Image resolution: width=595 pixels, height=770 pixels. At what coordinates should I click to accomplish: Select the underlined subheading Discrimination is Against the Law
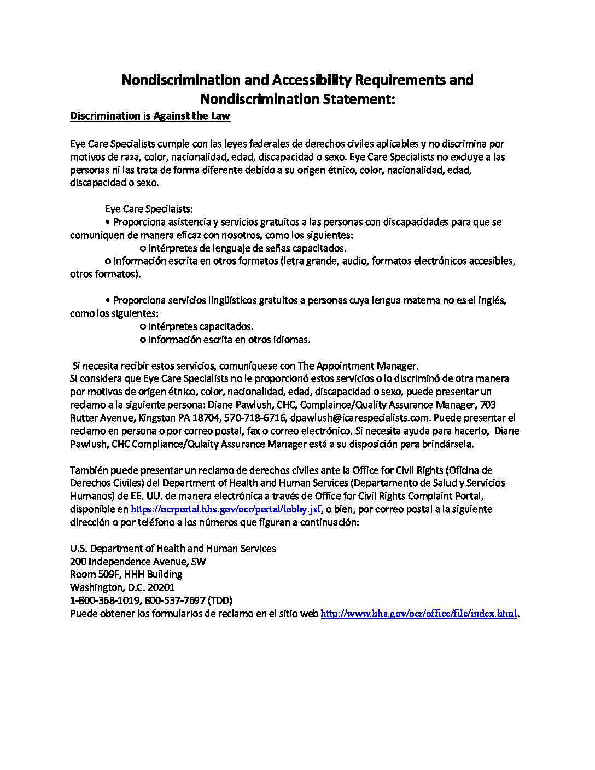coord(150,116)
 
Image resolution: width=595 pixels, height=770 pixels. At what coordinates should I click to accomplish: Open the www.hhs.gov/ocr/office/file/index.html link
coord(418,614)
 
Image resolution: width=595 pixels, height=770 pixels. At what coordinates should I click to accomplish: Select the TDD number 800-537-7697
coord(176,600)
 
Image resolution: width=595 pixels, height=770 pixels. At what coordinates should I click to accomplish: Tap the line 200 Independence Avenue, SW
coord(138,561)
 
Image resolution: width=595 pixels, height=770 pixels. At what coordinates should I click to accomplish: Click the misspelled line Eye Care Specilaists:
coord(149,209)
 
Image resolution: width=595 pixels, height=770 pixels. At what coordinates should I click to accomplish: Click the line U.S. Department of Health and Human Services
coord(173,548)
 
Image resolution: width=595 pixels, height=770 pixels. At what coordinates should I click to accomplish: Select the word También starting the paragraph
coord(87,470)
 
